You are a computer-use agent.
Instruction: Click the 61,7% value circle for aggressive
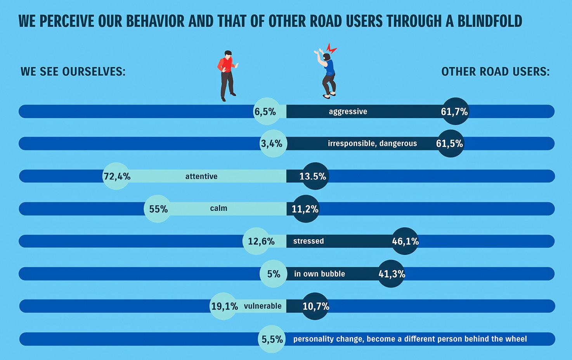(455, 111)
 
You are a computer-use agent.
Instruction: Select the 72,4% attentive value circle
(116, 176)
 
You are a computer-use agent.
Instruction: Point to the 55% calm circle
(158, 209)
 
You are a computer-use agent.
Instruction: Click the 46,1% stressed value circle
(405, 241)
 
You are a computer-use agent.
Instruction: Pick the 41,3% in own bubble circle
(391, 274)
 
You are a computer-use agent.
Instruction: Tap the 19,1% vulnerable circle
(224, 306)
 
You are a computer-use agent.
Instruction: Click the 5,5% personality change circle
(272, 339)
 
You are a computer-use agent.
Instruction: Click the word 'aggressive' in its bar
(348, 111)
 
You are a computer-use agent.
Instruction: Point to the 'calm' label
(218, 209)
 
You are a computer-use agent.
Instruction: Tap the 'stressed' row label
(309, 241)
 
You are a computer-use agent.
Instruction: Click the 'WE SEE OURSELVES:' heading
(73, 72)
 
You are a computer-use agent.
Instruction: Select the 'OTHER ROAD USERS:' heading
(496, 72)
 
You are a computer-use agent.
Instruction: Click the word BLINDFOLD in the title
(490, 21)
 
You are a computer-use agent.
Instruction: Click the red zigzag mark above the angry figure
(332, 49)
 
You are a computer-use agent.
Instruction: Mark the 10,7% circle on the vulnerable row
(315, 306)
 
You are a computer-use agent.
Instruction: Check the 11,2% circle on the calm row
(306, 209)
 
